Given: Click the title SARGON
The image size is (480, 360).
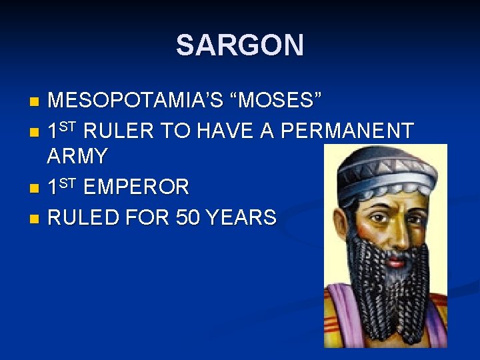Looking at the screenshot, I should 239,45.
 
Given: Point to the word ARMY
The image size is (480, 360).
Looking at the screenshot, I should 77,157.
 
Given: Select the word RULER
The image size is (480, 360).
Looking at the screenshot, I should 121,131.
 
